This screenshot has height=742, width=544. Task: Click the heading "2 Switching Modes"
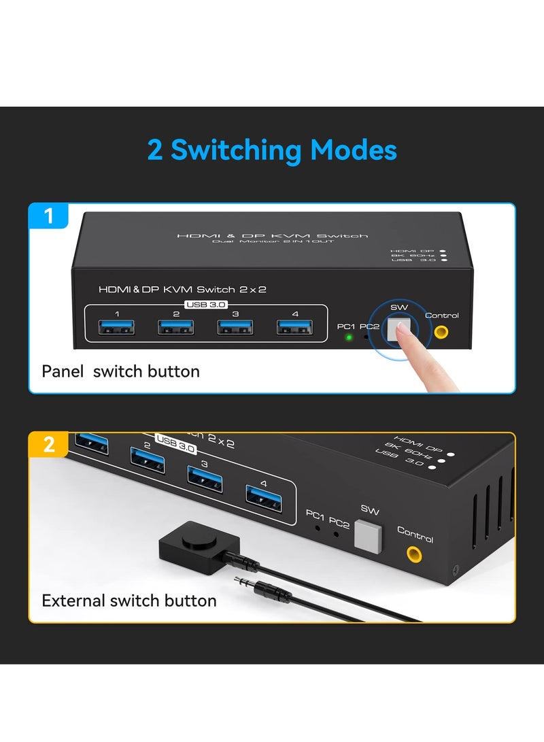point(272,150)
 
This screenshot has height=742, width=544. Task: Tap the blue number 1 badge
point(48,217)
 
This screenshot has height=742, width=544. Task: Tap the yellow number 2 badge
point(48,445)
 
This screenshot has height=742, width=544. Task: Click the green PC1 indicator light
point(349,337)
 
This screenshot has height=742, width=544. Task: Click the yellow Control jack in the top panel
point(442,332)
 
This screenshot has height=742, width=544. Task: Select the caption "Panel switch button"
point(121,371)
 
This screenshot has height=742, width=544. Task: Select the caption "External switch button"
point(129,601)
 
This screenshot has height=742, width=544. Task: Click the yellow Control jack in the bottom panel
point(413,556)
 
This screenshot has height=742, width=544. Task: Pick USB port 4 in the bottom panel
point(265,494)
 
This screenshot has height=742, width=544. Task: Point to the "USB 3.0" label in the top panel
point(205,304)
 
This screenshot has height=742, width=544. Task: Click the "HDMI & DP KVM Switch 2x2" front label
point(182,289)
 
